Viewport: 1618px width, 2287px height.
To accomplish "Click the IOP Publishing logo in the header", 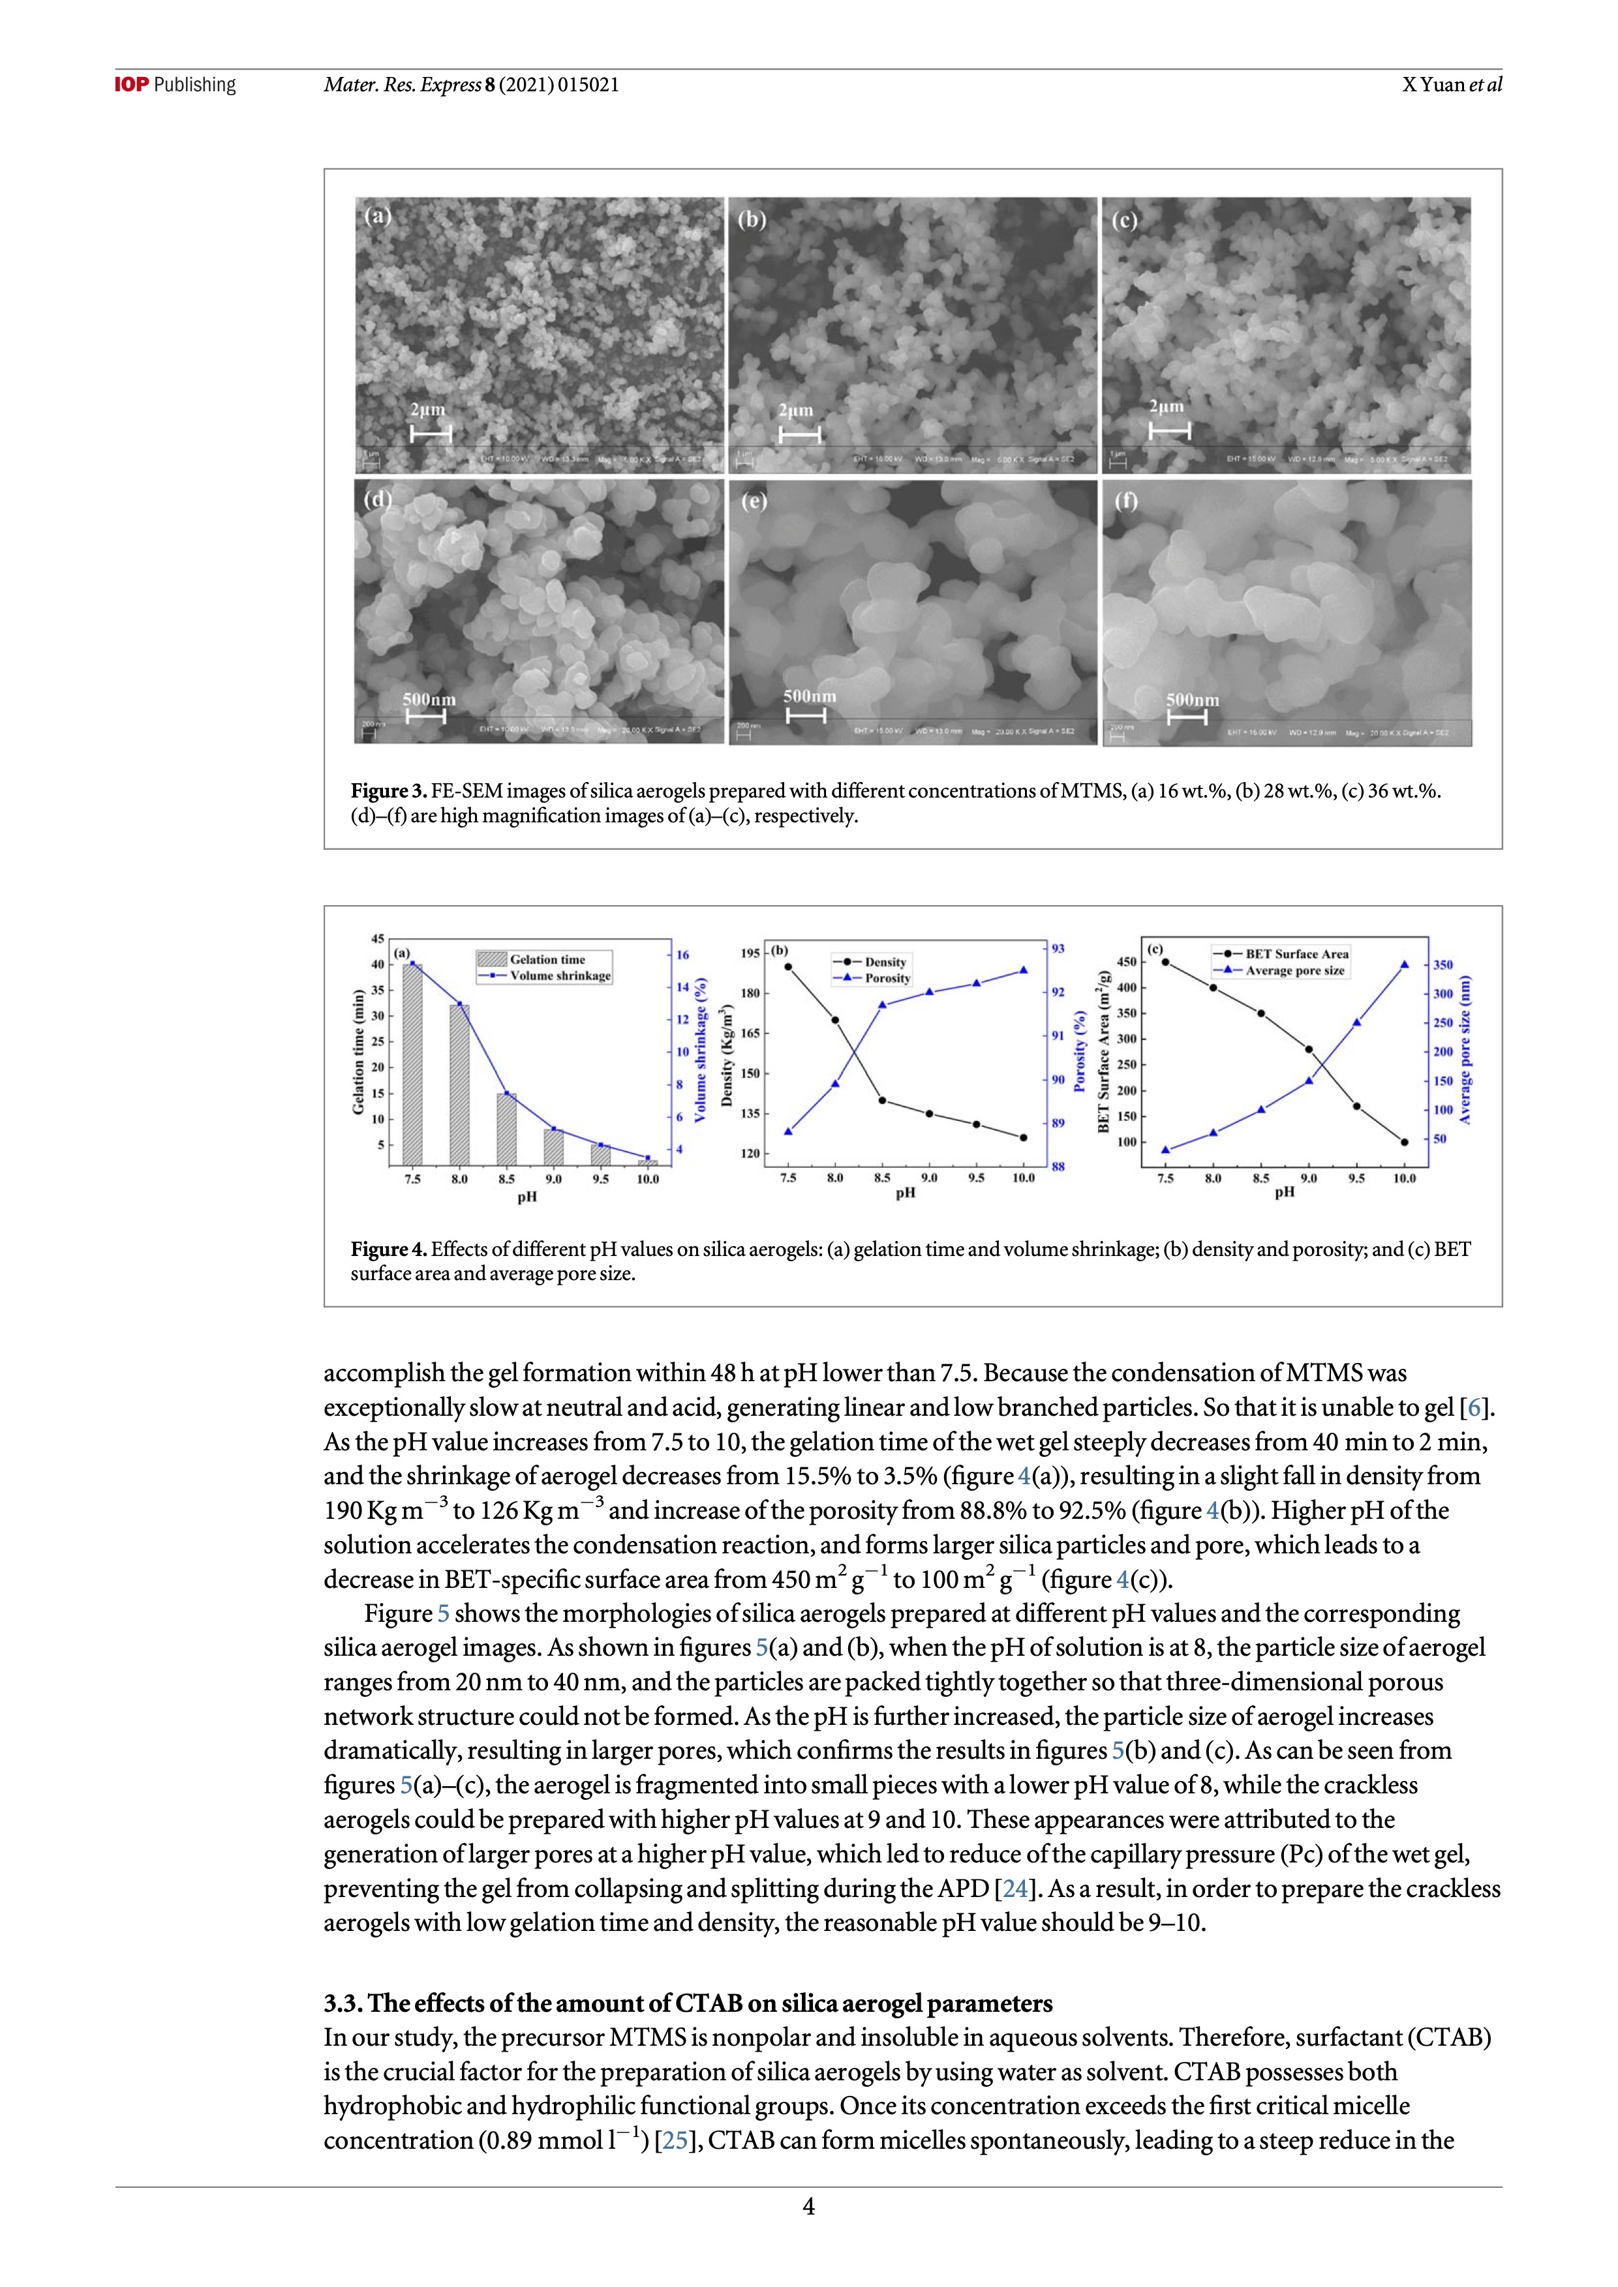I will click(x=176, y=85).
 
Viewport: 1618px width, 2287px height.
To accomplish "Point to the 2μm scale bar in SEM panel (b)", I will click(x=799, y=434).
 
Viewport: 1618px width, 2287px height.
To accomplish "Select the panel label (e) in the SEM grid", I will click(x=754, y=501).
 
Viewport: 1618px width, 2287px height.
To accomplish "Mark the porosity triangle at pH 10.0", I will click(x=1023, y=970).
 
